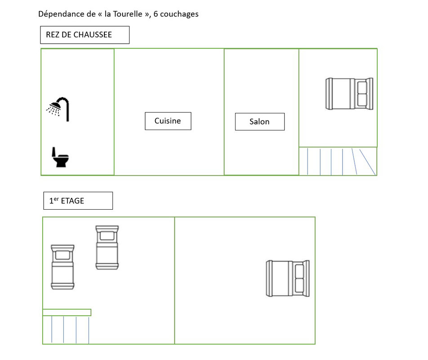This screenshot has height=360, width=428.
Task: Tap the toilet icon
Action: coord(60,157)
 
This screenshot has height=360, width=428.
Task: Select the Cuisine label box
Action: coord(168,121)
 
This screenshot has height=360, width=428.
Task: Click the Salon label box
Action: coord(259,121)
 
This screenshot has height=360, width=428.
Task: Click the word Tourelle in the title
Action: coord(128,14)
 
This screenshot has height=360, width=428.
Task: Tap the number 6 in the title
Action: coord(156,14)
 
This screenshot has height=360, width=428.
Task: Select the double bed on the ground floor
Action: coord(349,94)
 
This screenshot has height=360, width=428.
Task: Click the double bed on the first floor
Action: coord(288,279)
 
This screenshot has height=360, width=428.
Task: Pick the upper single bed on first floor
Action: coord(107,247)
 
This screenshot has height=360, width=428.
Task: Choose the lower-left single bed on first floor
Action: coord(62,267)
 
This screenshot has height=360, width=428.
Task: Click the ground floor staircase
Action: coord(338,161)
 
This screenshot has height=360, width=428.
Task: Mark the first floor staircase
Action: coord(67,330)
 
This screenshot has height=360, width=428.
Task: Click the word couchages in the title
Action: coord(179,14)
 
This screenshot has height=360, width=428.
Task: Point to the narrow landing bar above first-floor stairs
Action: coord(67,312)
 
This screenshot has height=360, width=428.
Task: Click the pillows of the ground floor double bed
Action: coord(362,94)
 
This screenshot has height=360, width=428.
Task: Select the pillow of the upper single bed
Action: coord(107,235)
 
